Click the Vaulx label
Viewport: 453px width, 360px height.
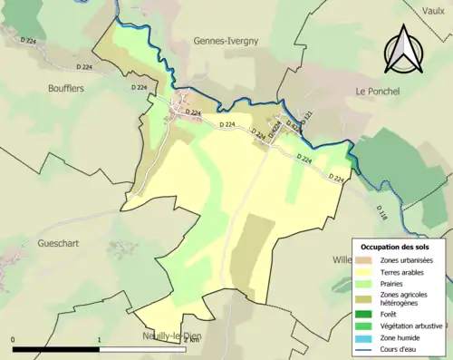click(435, 10)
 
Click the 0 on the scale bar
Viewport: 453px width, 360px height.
click(14, 340)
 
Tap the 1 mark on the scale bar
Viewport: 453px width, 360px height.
click(99, 340)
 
